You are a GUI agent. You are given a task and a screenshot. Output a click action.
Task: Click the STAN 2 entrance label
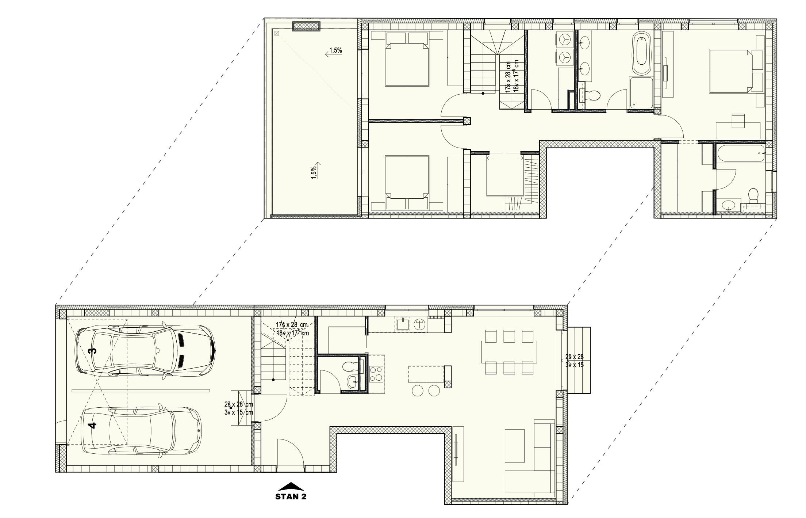pos(291,497)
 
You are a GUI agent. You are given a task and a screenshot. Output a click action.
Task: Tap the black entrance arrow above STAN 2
pos(291,487)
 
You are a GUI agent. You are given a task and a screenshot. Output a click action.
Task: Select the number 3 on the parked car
pos(93,351)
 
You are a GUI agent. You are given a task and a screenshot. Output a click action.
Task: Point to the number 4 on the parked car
pos(93,425)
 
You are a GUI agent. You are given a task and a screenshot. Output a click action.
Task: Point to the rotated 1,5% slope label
pos(314,171)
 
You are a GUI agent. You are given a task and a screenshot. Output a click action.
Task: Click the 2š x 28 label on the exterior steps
pos(574,357)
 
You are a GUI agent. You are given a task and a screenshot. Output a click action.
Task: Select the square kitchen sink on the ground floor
pos(403,324)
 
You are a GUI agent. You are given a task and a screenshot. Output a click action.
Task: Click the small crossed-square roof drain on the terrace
pos(276,33)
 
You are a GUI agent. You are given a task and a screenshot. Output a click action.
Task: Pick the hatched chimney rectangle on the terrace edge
pos(306,26)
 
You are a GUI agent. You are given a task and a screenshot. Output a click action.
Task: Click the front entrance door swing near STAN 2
pos(291,452)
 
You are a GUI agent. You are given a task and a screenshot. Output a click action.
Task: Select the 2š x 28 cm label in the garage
pos(239,404)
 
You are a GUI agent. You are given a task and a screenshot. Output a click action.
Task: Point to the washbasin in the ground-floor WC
pos(353,382)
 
